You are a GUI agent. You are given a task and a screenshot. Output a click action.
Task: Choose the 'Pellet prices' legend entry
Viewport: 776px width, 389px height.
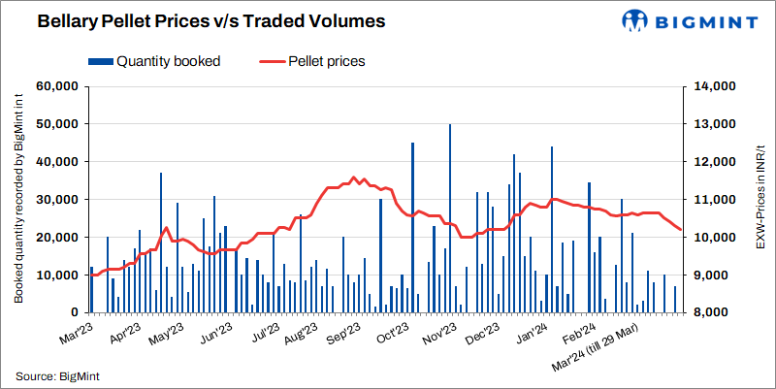point(315,61)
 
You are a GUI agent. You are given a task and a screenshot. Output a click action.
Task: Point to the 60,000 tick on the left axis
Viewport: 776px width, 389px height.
point(56,86)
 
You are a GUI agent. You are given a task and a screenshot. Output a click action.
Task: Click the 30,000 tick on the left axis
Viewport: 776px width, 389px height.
point(56,200)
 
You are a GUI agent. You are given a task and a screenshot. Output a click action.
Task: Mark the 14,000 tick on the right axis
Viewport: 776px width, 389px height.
point(713,86)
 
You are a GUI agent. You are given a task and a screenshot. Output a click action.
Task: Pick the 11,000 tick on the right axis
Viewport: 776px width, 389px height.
point(713,200)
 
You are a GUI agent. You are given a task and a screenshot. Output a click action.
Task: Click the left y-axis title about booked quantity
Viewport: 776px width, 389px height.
point(18,199)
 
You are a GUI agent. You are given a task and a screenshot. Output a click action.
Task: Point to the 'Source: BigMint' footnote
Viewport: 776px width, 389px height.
point(59,375)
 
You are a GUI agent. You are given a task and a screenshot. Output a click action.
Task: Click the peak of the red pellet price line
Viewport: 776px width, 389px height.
point(354,178)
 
